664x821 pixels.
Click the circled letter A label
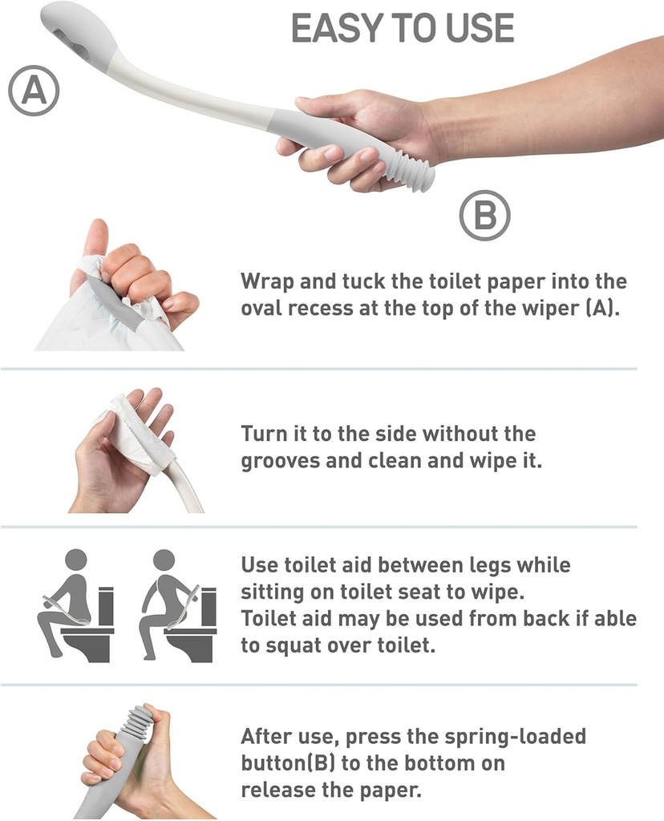34,91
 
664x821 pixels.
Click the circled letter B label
484,215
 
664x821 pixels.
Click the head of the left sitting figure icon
75,560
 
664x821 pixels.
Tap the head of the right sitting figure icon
164,560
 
